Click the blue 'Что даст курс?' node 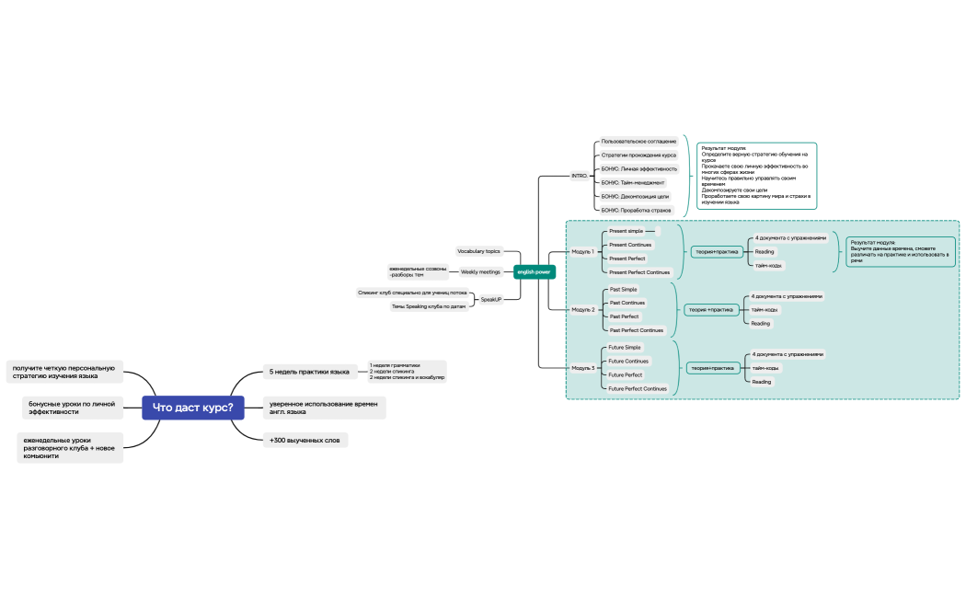point(192,408)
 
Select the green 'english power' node point(534,271)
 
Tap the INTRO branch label point(580,175)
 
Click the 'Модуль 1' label point(583,251)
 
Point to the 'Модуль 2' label point(583,310)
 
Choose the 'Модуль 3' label point(583,368)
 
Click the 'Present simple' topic point(627,231)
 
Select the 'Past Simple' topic point(624,289)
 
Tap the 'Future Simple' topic point(625,348)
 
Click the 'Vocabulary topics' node point(478,251)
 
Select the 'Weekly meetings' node point(480,272)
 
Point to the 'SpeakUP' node point(491,299)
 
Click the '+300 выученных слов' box point(305,441)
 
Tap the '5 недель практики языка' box point(308,372)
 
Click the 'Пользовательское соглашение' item point(638,142)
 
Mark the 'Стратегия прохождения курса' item point(638,155)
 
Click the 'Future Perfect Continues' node point(638,389)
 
